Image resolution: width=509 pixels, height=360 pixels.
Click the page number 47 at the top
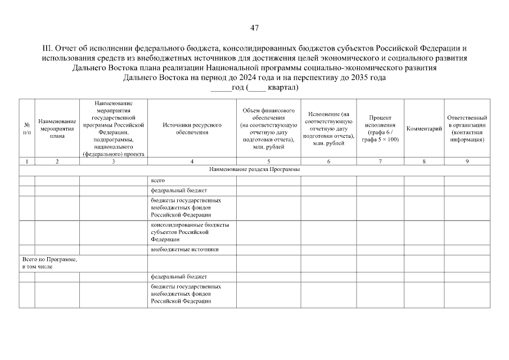point(254,28)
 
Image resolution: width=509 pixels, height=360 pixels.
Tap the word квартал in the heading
point(281,88)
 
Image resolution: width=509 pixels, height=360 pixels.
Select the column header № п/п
point(27,128)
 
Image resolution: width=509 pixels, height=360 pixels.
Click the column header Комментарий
point(424,129)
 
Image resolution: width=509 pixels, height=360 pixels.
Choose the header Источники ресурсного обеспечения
point(191,128)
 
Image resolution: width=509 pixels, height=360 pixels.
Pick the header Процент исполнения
point(380,128)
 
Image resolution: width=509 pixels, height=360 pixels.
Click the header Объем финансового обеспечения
point(268,128)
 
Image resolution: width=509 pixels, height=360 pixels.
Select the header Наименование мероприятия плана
point(57,128)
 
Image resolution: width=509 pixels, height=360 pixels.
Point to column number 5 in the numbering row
point(268,162)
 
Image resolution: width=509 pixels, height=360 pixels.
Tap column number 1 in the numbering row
point(27,162)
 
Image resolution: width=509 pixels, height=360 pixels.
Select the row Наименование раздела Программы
point(254,169)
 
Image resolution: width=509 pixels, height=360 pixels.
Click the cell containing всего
point(157,181)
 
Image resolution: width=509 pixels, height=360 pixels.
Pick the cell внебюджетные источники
point(184,249)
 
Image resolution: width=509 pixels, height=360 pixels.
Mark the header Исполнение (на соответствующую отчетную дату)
point(328,128)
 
